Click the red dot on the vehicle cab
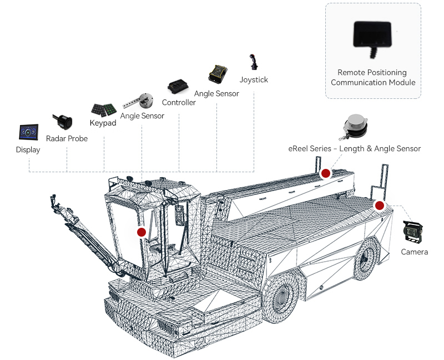point(142,232)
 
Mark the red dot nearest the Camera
point(380,206)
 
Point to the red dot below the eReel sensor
point(326,173)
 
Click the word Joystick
point(254,80)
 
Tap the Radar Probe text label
point(67,138)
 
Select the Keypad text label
point(103,123)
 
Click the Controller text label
point(179,103)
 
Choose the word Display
point(28,150)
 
